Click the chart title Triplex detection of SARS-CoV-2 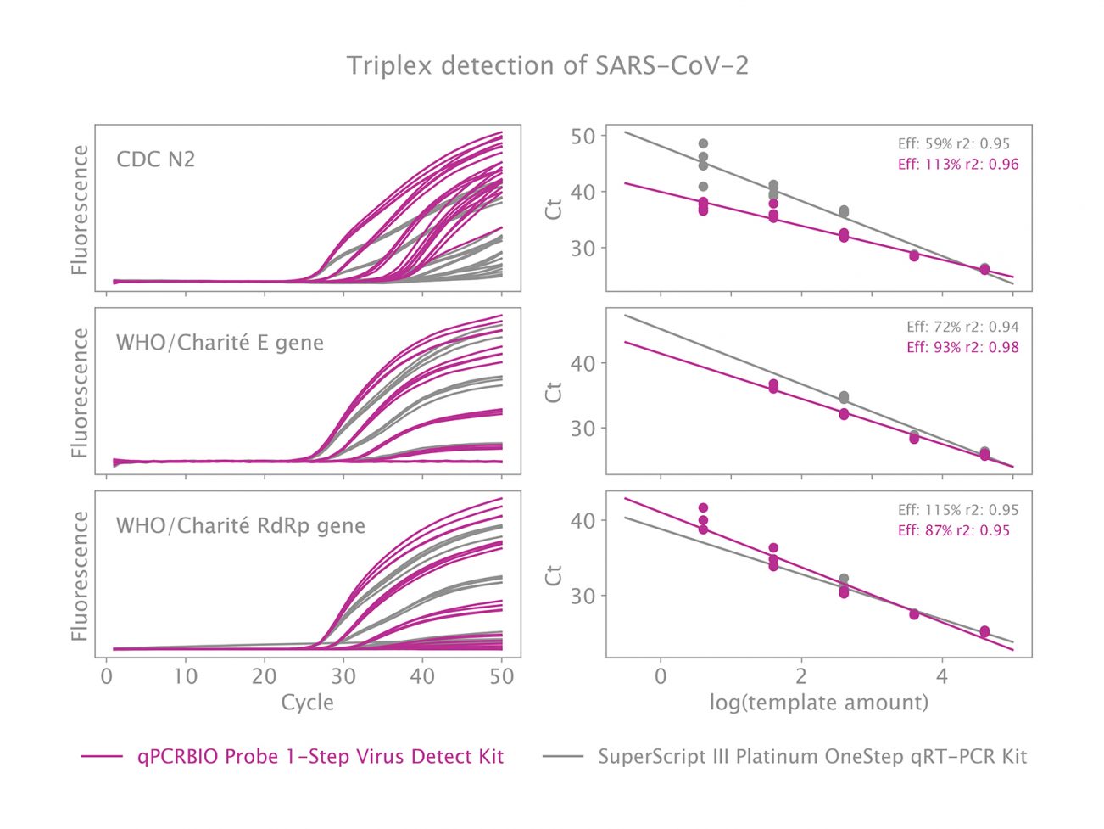point(548,65)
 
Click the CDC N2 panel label point(155,159)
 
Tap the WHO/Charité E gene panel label point(220,343)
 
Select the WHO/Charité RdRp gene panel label point(240,525)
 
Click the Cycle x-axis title point(307,703)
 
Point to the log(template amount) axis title point(818,703)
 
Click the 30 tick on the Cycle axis point(343,676)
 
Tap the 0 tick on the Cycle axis point(106,676)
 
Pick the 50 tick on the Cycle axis point(502,676)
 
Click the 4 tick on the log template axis point(941,676)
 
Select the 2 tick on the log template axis point(800,676)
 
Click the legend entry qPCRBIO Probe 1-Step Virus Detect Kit point(321,756)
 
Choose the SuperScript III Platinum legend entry point(811,756)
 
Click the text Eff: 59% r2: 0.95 point(954,144)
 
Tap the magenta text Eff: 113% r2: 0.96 point(958,165)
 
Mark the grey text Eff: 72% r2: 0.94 point(962,327)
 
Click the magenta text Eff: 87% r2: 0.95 point(954,530)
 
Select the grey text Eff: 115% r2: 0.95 point(958,510)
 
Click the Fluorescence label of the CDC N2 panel point(80,210)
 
